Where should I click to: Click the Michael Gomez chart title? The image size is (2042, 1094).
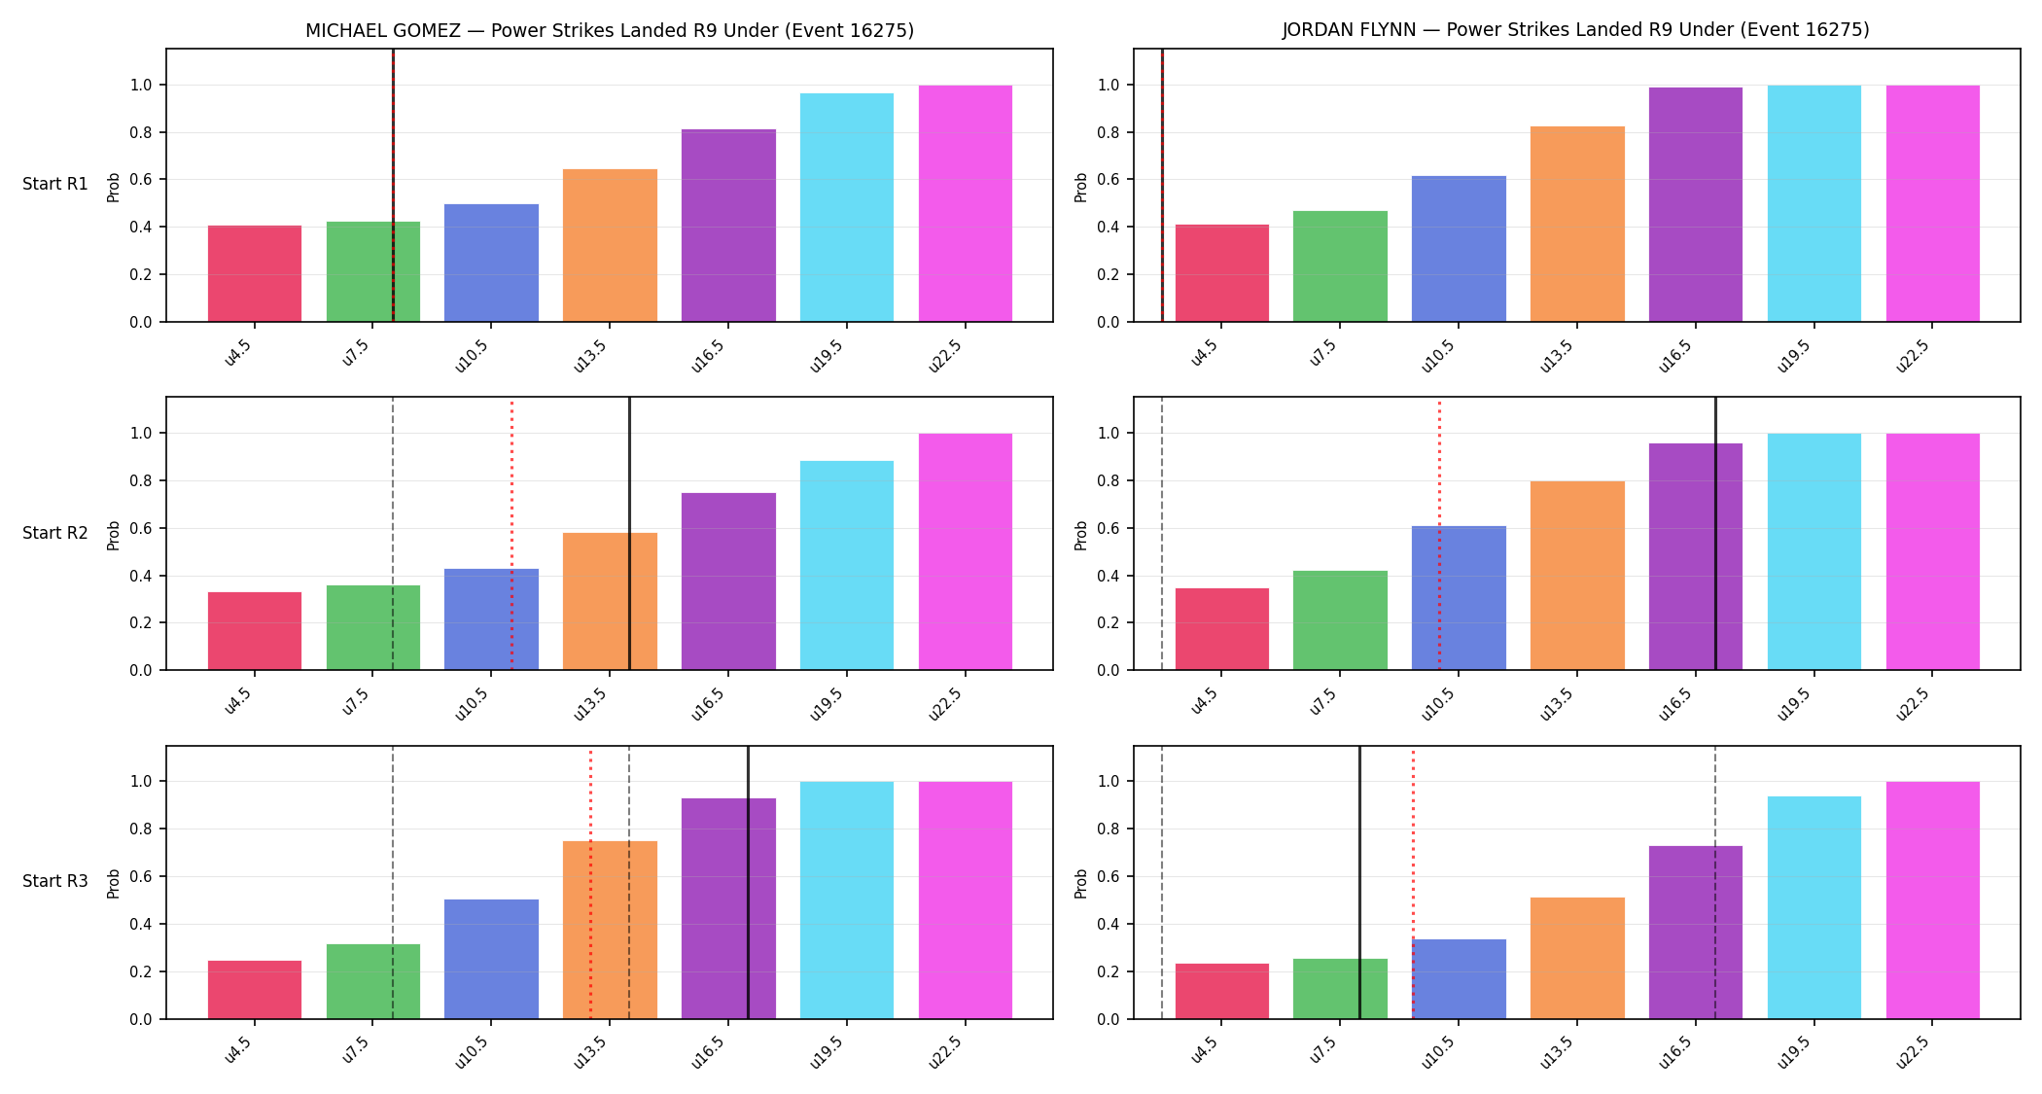pos(610,30)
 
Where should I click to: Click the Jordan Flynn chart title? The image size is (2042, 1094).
pos(1575,29)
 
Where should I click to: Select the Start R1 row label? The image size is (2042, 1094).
pos(55,184)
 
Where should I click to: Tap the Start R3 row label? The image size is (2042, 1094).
pos(55,881)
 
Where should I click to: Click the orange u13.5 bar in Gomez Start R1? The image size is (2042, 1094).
pos(610,245)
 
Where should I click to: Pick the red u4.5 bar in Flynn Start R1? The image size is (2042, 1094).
pos(1222,273)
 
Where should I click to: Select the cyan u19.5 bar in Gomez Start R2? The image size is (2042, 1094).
pos(847,565)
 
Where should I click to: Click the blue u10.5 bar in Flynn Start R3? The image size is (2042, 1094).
pos(1459,979)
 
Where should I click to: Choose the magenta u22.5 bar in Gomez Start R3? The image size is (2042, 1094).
pos(966,900)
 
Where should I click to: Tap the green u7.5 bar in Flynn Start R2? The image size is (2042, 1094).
pos(1340,620)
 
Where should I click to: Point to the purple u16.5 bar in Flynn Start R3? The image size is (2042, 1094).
pos(1696,933)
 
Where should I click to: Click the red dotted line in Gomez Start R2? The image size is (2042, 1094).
pos(512,534)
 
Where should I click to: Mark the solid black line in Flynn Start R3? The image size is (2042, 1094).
pos(1359,882)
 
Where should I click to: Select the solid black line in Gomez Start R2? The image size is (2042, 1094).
pos(629,534)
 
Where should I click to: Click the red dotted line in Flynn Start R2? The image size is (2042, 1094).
pos(1439,534)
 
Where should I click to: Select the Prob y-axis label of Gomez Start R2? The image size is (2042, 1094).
pos(114,535)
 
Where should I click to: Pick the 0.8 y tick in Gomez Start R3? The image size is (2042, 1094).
pos(142,829)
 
